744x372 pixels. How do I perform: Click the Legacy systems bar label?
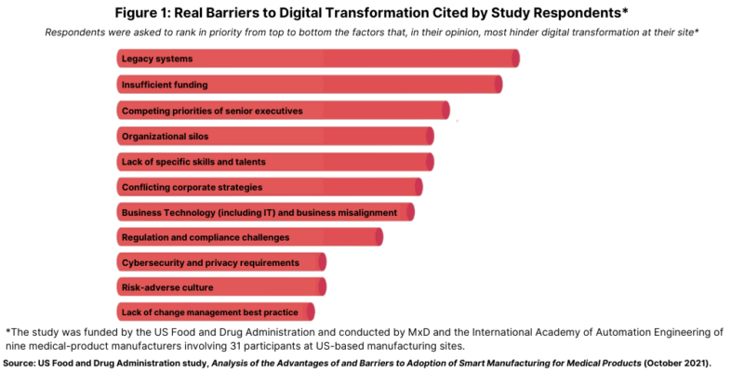coord(157,60)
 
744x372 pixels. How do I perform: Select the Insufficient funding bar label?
coord(165,85)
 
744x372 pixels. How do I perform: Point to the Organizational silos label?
coord(165,136)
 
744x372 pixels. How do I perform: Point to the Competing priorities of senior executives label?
coord(212,111)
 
